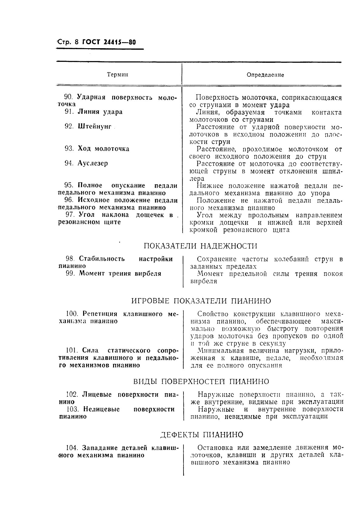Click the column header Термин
pyautogui.click(x=117, y=75)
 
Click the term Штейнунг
pyautogui.click(x=95, y=126)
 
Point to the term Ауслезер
pyautogui.click(x=93, y=163)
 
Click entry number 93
pyautogui.click(x=69, y=149)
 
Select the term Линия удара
pyautogui.click(x=100, y=112)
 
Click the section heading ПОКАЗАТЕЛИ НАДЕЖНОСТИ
pyautogui.click(x=200, y=246)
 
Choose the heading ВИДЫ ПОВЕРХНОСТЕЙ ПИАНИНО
pyautogui.click(x=201, y=381)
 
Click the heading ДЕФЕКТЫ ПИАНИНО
pyautogui.click(x=201, y=435)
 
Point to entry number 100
pyautogui.click(x=72, y=314)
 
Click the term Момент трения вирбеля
pyautogui.click(x=120, y=273)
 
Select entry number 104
pyautogui.click(x=72, y=448)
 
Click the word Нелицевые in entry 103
pyautogui.click(x=101, y=409)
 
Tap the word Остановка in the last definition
pyautogui.click(x=215, y=448)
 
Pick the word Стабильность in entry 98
pyautogui.click(x=102, y=259)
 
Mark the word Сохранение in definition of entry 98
pyautogui.click(x=216, y=259)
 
